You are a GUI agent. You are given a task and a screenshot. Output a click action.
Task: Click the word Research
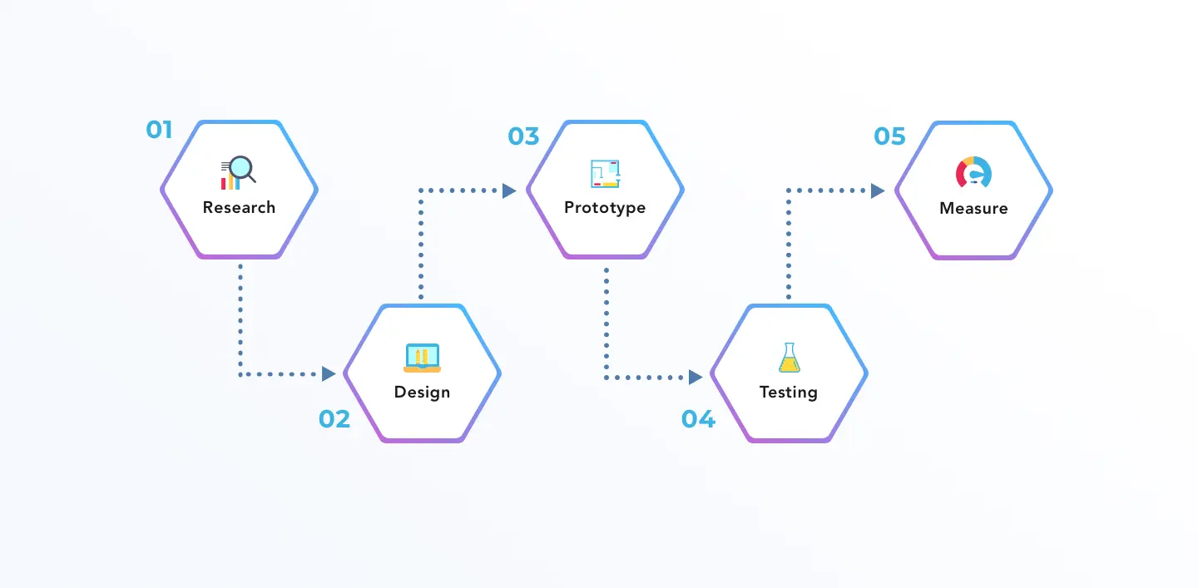point(239,207)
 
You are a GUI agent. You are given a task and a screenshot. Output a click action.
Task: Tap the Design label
point(422,392)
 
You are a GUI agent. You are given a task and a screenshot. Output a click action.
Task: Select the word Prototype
point(605,207)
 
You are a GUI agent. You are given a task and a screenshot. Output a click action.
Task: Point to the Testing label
point(788,392)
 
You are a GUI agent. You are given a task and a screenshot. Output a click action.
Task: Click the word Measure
point(973,208)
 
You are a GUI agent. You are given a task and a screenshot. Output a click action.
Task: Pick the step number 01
point(159,130)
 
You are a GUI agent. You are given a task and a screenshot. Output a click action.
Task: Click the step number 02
point(334,419)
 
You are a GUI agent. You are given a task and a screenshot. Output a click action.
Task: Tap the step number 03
point(523,136)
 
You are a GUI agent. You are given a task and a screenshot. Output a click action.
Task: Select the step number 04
point(698,419)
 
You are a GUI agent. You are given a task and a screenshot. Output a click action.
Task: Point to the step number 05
point(889,136)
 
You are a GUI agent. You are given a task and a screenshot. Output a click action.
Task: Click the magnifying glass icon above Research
point(240,169)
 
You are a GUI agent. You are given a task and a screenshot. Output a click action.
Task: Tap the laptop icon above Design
point(422,357)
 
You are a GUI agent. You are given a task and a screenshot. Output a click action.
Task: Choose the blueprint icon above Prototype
point(606,173)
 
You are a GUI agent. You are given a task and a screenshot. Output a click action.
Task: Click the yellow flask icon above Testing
point(789,358)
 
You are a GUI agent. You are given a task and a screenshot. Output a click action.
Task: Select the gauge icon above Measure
point(973,172)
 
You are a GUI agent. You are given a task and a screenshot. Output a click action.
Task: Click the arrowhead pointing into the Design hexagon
point(329,374)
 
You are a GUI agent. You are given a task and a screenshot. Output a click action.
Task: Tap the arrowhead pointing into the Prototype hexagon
point(509,190)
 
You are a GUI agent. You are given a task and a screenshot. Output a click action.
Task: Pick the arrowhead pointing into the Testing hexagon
point(696,378)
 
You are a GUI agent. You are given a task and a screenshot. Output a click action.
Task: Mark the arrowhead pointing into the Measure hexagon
point(878,190)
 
